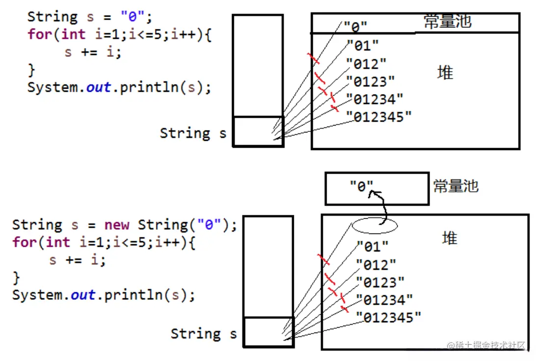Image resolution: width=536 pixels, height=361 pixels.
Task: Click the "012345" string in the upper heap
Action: click(379, 117)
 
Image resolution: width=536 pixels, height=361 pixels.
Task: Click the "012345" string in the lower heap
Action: click(388, 317)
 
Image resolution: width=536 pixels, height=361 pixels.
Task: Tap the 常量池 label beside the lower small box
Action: click(456, 186)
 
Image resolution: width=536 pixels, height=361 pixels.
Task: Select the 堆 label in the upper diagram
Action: click(445, 73)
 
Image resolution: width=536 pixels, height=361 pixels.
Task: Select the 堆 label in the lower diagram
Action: click(449, 238)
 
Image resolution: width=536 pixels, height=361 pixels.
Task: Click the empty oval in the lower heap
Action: click(375, 226)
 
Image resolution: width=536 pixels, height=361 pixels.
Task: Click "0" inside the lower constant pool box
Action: click(362, 186)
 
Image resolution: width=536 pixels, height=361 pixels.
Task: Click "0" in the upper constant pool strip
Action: click(355, 26)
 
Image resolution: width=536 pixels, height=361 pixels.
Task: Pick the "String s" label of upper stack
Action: click(193, 133)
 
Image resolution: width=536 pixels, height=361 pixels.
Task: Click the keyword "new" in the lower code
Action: click(117, 225)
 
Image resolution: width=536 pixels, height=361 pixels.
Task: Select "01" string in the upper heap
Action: click(362, 46)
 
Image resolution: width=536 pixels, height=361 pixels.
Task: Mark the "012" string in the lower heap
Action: click(376, 265)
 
